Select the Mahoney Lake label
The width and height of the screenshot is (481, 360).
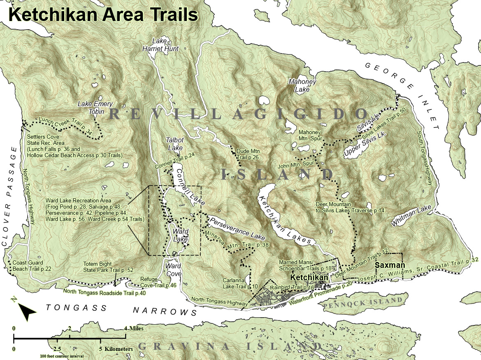(x=302, y=86)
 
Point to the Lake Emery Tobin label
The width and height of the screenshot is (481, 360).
(x=95, y=108)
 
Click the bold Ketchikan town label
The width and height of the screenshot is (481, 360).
(x=309, y=278)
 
